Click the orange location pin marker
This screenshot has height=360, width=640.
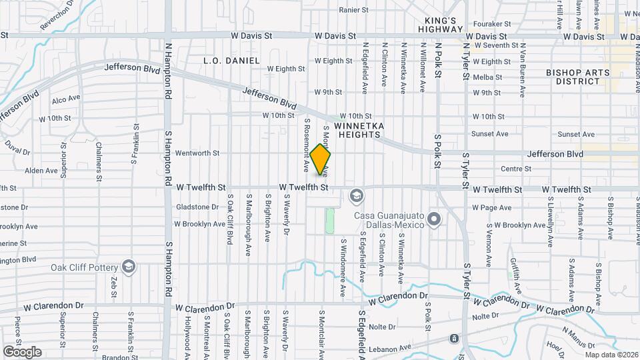click(x=321, y=159)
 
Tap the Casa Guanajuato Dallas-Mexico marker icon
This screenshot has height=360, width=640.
click(x=435, y=219)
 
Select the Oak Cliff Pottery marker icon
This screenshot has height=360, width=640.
click(x=129, y=268)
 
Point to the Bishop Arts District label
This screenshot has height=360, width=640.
click(x=573, y=77)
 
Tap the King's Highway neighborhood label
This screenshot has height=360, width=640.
click(x=440, y=25)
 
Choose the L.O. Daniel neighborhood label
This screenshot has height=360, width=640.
click(x=231, y=61)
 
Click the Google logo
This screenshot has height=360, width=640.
click(x=22, y=352)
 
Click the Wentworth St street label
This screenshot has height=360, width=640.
click(x=197, y=153)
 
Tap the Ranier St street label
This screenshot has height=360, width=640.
click(x=353, y=10)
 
